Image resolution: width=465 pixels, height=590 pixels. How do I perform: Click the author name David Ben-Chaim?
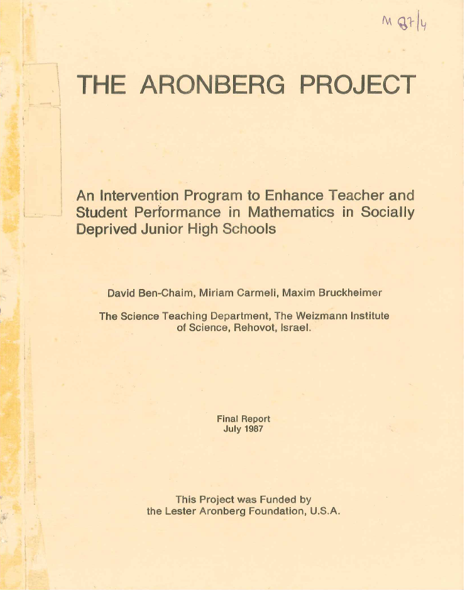pos(151,293)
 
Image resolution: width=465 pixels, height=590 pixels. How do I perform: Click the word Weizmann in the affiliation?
pos(320,316)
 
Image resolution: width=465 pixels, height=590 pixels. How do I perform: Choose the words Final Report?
pos(243,418)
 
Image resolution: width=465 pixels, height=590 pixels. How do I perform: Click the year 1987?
pos(253,429)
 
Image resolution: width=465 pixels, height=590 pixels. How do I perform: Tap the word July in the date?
pos(233,429)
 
